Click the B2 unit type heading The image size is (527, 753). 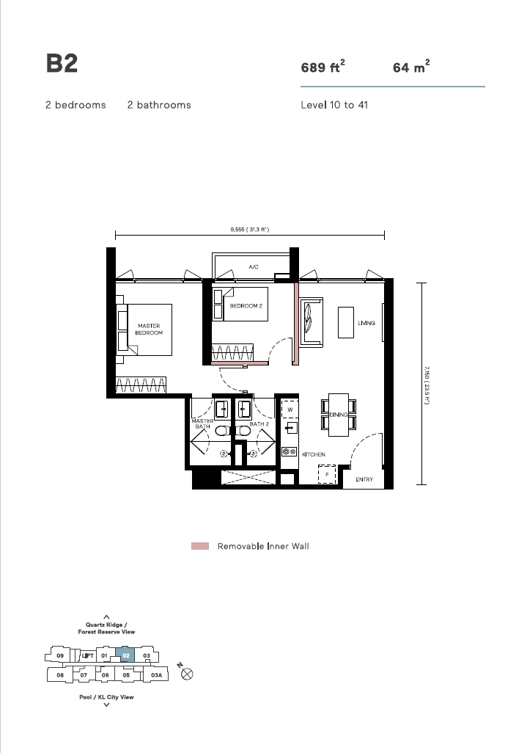62,63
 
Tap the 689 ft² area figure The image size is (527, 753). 323,66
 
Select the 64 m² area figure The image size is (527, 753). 411,66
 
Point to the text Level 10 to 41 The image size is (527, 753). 334,105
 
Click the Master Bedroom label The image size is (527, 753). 149,329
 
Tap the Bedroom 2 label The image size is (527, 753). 246,306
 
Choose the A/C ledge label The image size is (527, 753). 254,267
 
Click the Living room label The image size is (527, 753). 366,323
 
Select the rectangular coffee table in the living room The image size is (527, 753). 346,322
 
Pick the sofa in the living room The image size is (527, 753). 312,321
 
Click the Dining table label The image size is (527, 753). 339,415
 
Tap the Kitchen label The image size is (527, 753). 314,454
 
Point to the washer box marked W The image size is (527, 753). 290,409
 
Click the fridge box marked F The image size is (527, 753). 327,474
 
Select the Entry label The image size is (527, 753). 364,479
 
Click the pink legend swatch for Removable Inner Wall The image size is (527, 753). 200,546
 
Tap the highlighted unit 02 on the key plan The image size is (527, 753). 125,655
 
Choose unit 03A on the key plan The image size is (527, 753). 156,674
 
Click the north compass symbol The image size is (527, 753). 187,674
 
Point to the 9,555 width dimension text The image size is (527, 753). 249,230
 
